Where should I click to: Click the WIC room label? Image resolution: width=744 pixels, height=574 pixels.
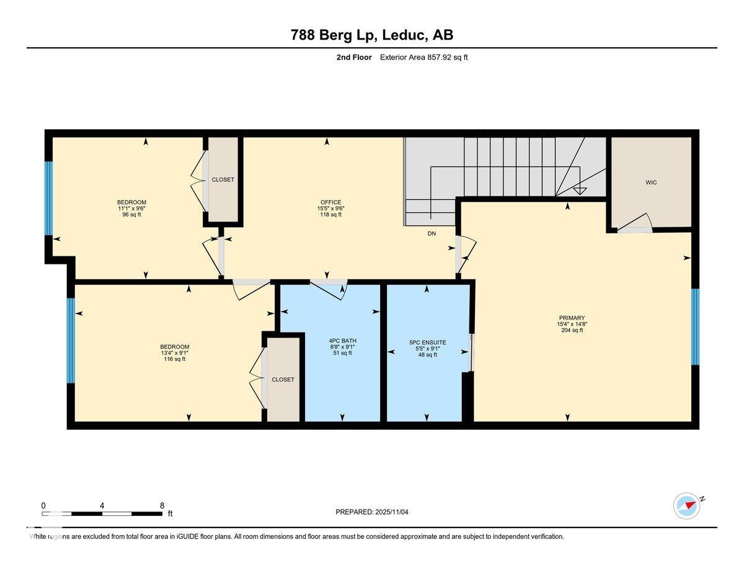650,183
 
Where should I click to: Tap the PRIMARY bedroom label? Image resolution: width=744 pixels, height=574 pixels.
571,318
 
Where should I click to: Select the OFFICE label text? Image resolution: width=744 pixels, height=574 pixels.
331,202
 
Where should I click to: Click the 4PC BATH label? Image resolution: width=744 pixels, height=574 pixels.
342,341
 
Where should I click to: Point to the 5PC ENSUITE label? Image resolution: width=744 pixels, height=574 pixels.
427,342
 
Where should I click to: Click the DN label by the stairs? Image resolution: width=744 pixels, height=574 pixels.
432,234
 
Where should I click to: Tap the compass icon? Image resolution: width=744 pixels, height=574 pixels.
687,505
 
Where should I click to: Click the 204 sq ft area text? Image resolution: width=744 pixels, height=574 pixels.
571,331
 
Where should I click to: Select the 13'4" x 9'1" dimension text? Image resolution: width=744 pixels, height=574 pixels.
175,353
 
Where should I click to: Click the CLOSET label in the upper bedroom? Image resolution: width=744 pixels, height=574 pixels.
223,180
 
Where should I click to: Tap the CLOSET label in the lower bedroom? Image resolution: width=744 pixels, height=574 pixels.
283,380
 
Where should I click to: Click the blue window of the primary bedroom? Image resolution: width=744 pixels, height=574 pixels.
695,326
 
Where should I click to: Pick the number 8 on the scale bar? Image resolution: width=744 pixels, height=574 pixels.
162,505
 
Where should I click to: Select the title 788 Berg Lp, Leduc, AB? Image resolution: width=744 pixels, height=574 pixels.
372,35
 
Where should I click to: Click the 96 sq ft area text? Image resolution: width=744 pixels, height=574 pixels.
131,215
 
